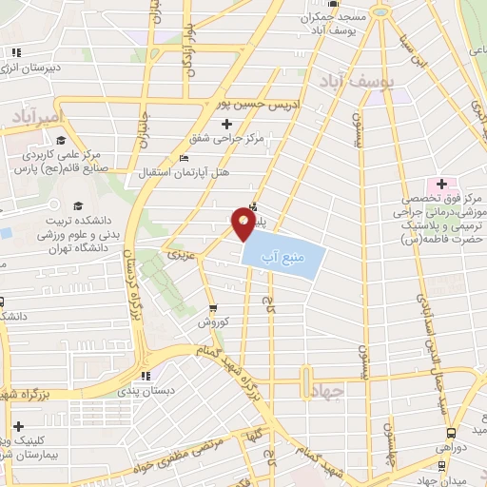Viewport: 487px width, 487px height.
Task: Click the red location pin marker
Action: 243,224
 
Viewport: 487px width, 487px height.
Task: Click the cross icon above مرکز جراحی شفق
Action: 226,125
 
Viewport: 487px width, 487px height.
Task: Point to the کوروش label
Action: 211,323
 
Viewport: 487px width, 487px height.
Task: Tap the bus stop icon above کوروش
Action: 212,308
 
